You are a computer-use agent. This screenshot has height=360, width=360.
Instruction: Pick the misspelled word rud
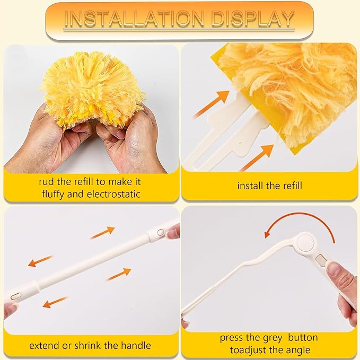(x=47, y=181)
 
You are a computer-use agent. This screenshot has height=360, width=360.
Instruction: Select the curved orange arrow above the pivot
(x=300, y=223)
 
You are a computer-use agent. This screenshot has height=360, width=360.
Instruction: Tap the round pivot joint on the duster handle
(x=306, y=244)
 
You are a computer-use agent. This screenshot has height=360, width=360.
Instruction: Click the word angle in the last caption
(x=297, y=350)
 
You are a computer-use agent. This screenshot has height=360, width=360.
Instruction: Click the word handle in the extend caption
(x=137, y=346)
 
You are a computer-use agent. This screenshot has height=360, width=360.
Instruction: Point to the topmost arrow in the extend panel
(x=102, y=232)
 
